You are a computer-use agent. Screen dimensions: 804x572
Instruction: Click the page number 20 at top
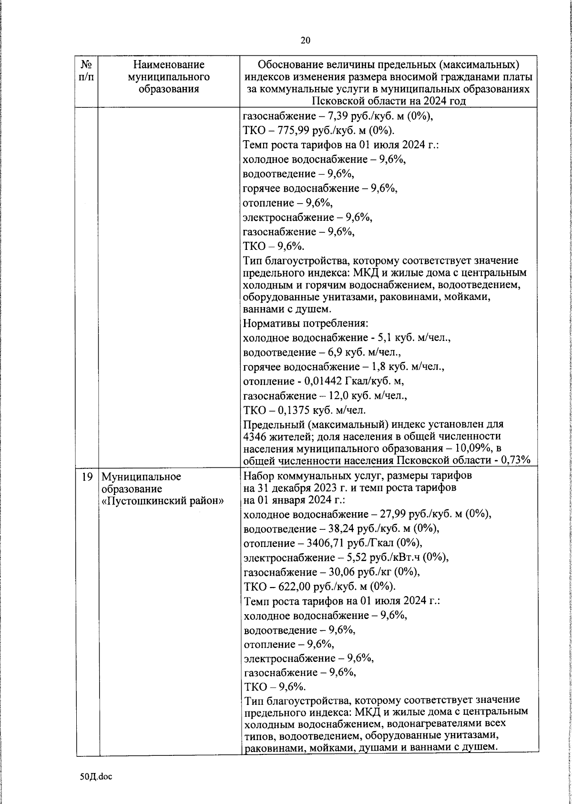pos(305,40)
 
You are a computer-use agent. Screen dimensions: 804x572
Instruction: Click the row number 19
pos(87,476)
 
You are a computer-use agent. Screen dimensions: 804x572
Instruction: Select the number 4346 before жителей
pos(255,436)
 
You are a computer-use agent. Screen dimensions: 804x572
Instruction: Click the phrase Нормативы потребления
pos(305,324)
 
